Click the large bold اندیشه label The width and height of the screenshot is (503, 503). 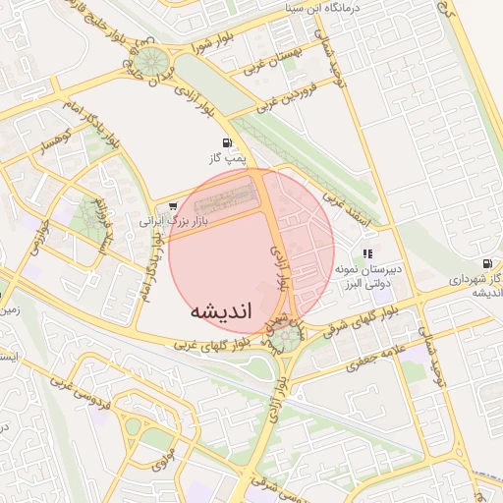click(221, 309)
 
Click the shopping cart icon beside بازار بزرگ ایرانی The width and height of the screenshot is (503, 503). click(173, 207)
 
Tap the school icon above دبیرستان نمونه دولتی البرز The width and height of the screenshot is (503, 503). click(367, 253)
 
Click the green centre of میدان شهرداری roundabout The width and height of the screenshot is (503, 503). click(287, 338)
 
